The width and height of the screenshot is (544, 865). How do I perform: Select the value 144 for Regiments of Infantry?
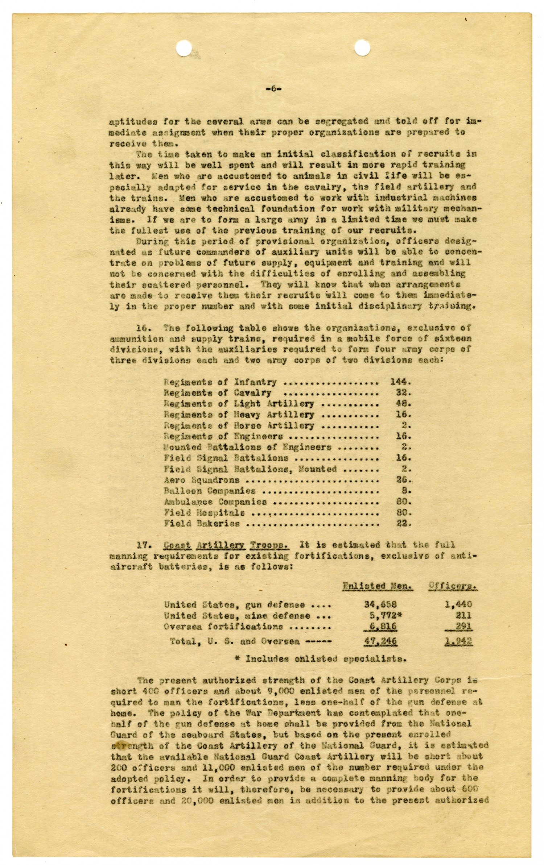400,382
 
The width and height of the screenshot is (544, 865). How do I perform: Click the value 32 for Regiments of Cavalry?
403,392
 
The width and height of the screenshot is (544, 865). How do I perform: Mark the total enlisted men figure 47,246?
380,641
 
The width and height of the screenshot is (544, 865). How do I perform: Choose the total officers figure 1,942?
458,641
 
